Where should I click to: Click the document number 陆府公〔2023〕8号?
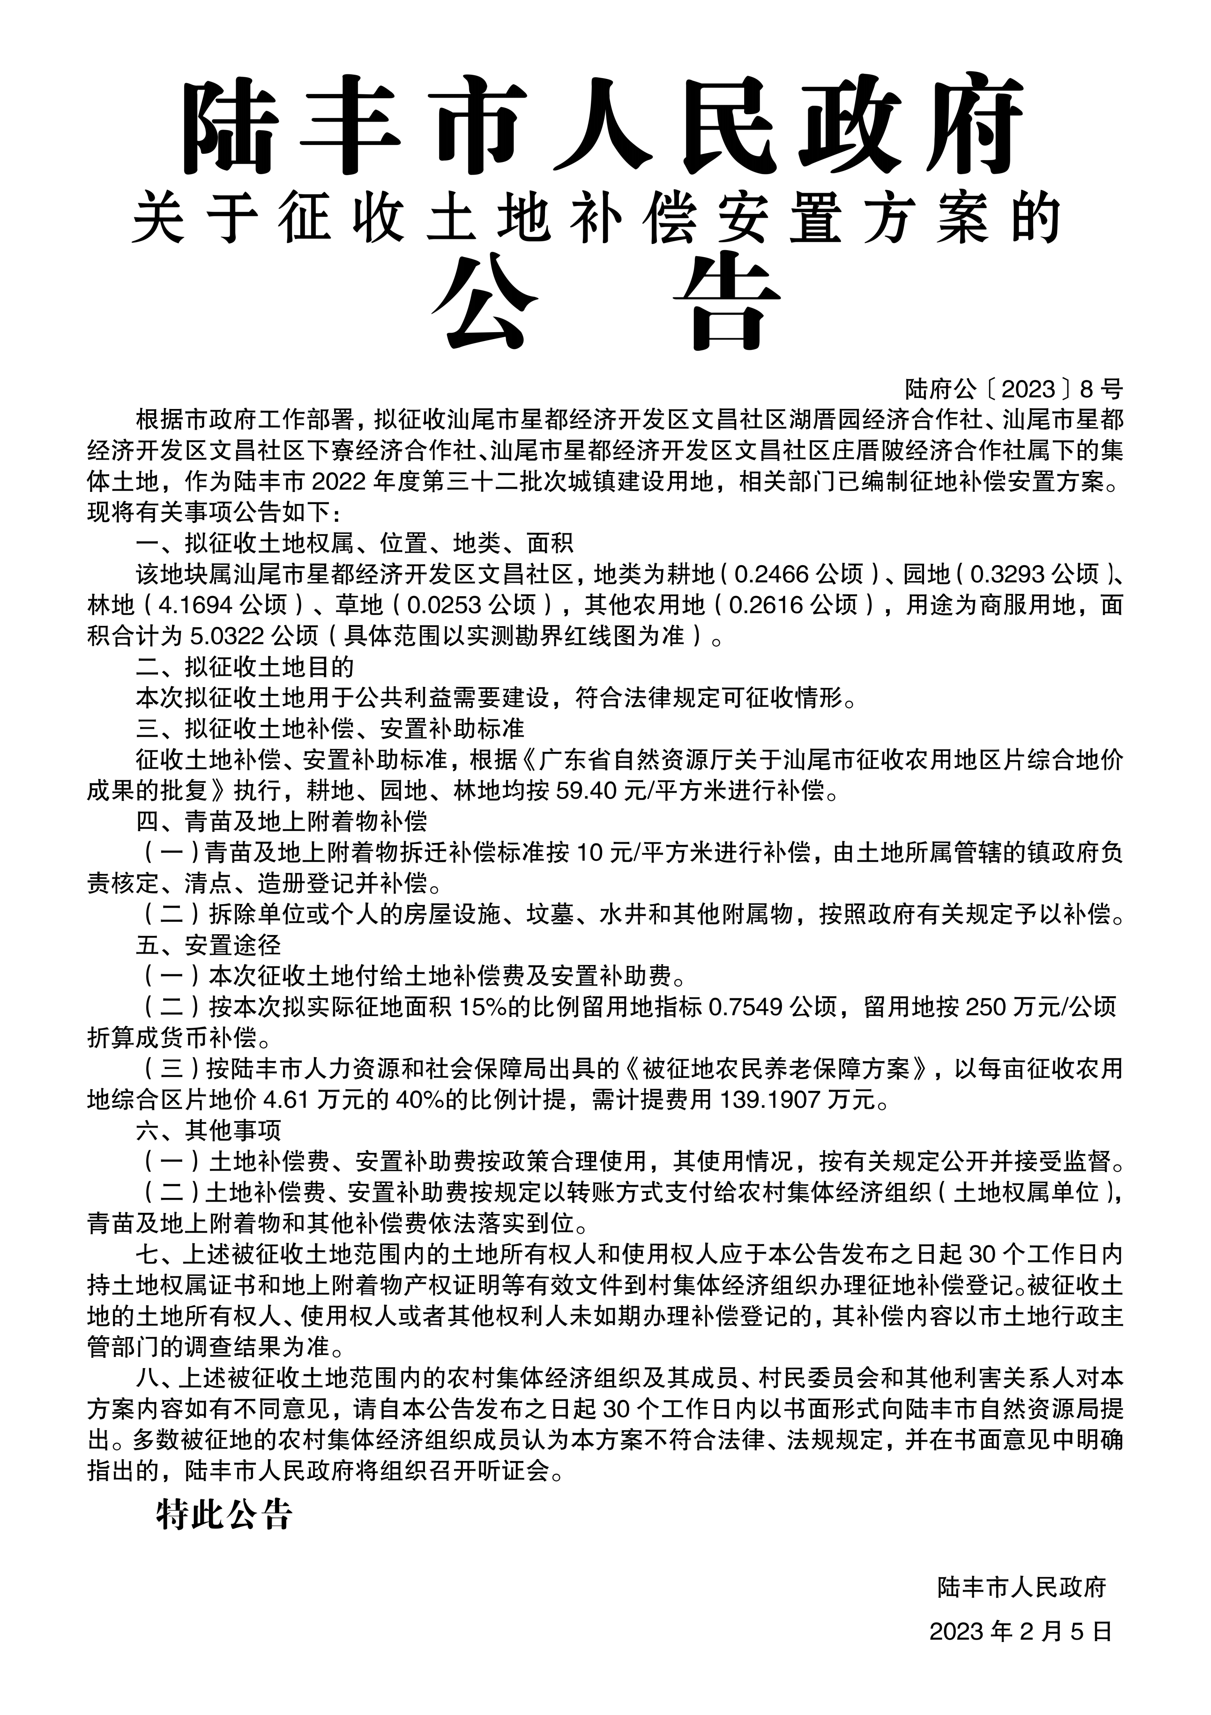1013,389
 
